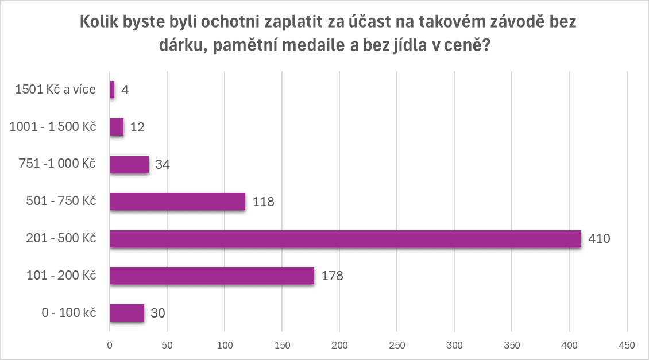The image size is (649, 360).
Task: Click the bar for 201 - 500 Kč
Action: [x=345, y=239]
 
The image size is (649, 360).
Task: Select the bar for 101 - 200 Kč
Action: [x=212, y=276]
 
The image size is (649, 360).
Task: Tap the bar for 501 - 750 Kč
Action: [x=177, y=202]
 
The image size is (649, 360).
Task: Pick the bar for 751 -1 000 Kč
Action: [x=129, y=164]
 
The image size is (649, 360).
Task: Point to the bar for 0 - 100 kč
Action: [x=127, y=313]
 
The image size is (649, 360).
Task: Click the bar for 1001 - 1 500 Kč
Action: [x=117, y=127]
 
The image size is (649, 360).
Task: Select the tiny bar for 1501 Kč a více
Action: [x=112, y=90]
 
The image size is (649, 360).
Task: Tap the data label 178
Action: [x=332, y=276]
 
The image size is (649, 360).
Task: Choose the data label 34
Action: [x=162, y=165]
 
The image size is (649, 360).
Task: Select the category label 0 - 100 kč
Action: [x=67, y=313]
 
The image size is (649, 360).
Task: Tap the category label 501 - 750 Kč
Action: [x=61, y=202]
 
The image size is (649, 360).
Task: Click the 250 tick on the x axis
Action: [x=397, y=345]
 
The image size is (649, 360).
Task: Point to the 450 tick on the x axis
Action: [x=627, y=345]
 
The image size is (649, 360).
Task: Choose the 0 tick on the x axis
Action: [x=110, y=345]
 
